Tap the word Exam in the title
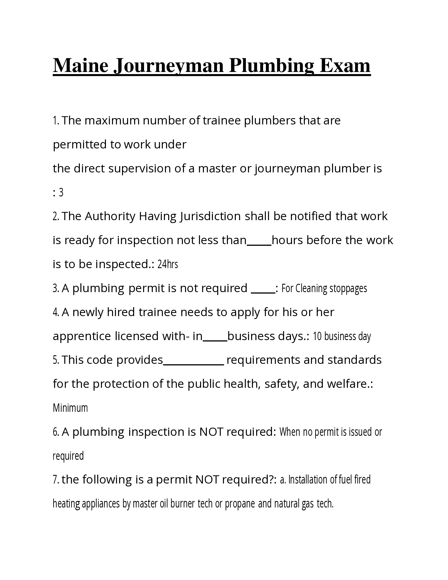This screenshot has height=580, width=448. (x=345, y=66)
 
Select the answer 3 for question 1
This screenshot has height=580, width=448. (x=61, y=192)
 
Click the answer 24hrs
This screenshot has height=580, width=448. (x=167, y=264)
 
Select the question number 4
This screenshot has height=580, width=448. (x=55, y=312)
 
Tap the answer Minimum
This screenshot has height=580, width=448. (x=70, y=408)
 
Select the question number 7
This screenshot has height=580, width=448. (x=55, y=480)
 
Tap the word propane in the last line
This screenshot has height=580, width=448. (x=240, y=504)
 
